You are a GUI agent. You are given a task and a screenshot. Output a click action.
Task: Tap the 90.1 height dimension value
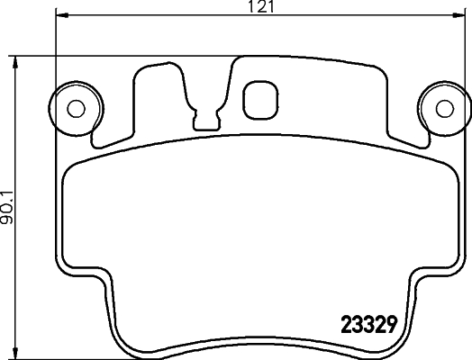point(8,205)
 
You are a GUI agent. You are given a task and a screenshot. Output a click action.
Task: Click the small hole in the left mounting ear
point(77,108)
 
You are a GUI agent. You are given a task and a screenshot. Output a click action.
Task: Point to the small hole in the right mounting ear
point(443,108)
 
